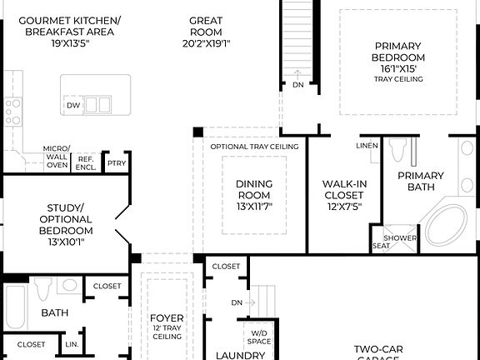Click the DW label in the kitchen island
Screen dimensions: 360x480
click(73, 106)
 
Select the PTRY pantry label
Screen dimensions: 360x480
click(117, 163)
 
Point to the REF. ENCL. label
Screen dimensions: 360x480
click(86, 162)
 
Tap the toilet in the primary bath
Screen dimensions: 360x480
click(397, 151)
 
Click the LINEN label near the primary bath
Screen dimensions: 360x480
click(367, 146)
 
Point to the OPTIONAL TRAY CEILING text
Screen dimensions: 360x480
click(254, 147)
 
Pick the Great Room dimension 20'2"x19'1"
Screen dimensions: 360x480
click(205, 44)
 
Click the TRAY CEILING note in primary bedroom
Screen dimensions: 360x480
click(398, 79)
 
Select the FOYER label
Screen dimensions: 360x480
click(167, 317)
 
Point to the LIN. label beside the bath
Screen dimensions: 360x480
click(71, 343)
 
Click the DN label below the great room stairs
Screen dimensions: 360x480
click(298, 84)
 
